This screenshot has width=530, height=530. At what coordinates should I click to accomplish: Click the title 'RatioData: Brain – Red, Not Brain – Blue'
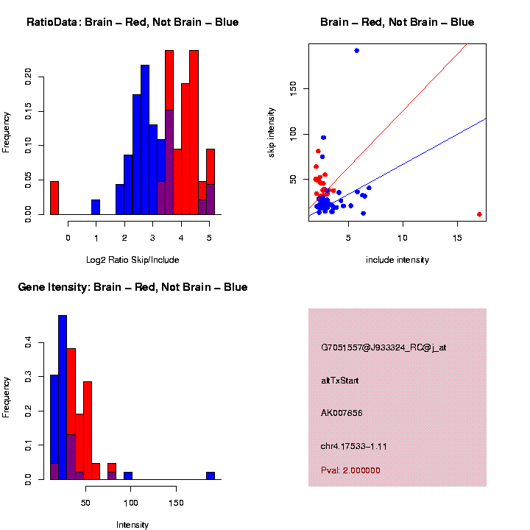(x=132, y=23)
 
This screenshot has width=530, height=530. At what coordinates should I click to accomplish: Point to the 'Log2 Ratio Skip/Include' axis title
(x=132, y=259)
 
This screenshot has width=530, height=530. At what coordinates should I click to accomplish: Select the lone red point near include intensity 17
(x=479, y=214)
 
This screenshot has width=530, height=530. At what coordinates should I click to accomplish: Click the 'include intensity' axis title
(x=397, y=260)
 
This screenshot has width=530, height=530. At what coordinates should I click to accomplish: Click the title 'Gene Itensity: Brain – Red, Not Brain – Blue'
(x=132, y=287)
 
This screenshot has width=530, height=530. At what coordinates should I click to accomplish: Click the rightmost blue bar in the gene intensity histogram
(x=211, y=476)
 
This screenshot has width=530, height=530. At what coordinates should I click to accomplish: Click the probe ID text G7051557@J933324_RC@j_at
(x=384, y=347)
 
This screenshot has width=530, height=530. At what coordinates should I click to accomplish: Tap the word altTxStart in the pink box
(x=340, y=381)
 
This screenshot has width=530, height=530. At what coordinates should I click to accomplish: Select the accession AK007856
(x=342, y=413)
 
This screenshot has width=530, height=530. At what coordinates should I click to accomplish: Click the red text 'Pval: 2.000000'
(x=350, y=470)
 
